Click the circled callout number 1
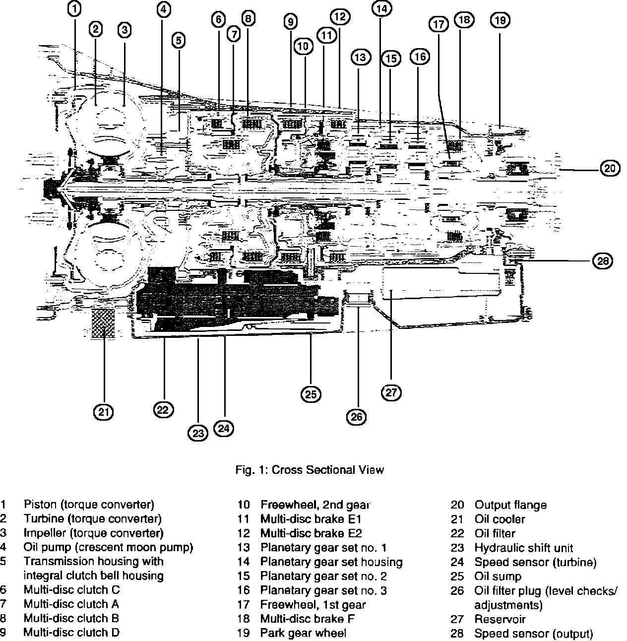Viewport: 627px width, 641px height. [x=74, y=9]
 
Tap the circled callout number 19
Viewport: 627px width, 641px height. [x=500, y=20]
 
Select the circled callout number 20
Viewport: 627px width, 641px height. [x=610, y=169]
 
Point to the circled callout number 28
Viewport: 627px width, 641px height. [x=603, y=260]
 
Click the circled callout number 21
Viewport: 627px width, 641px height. [x=104, y=411]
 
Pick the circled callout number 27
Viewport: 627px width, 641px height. [x=391, y=392]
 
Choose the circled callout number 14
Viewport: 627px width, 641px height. [x=381, y=8]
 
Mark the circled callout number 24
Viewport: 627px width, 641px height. [x=224, y=428]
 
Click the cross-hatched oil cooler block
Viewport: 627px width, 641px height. [x=103, y=323]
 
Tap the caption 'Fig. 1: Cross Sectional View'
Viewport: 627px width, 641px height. [x=310, y=469]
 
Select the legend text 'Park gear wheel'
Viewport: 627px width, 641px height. [x=303, y=633]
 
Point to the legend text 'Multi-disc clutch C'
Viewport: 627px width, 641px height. [x=71, y=590]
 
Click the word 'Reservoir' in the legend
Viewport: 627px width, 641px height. [x=500, y=619]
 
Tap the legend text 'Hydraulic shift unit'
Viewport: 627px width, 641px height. [x=523, y=548]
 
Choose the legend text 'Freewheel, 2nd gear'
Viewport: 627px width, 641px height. [x=315, y=505]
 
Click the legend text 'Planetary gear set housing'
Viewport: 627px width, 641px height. [x=331, y=562]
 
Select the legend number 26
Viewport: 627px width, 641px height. [x=457, y=591]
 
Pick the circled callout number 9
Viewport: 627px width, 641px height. [x=291, y=22]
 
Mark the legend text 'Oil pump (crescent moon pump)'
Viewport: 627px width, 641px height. [x=108, y=548]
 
